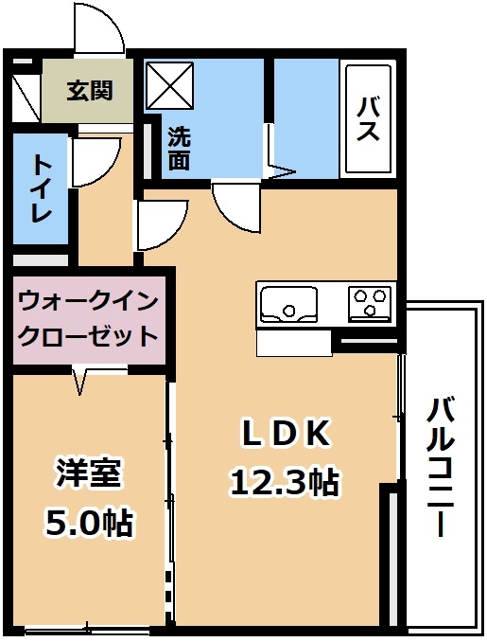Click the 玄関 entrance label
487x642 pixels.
pyautogui.click(x=90, y=91)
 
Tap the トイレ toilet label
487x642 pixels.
pyautogui.click(x=42, y=188)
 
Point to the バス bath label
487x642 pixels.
pyautogui.click(x=367, y=119)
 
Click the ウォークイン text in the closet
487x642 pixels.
pyautogui.click(x=89, y=303)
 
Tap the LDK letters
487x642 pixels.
pyautogui.click(x=286, y=433)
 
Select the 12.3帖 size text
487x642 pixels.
pyautogui.click(x=285, y=482)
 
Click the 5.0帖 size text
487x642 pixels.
pyautogui.click(x=89, y=523)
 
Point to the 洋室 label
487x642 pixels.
pyautogui.click(x=89, y=474)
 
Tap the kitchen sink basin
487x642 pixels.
pyautogui.click(x=289, y=304)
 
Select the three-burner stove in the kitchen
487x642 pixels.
pyautogui.click(x=370, y=304)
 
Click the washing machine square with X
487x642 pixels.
pyautogui.click(x=169, y=85)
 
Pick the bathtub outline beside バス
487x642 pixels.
pyautogui.click(x=369, y=118)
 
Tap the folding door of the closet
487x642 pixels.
pyautogui.click(x=80, y=382)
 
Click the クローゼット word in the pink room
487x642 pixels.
pyautogui.click(x=89, y=336)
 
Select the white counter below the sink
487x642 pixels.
pyautogui.click(x=293, y=343)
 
